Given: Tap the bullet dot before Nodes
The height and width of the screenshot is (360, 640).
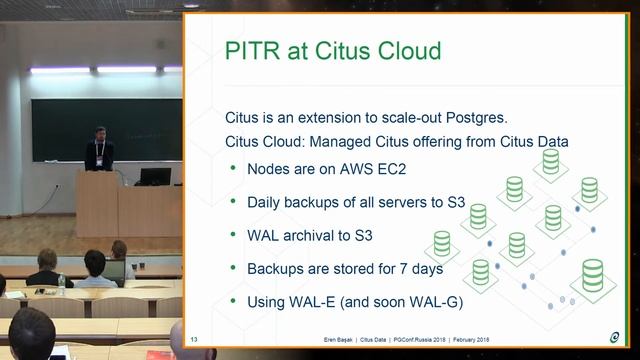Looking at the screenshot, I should click(234, 168).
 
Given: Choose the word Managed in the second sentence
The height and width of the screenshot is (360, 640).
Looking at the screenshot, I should click(340, 142).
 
